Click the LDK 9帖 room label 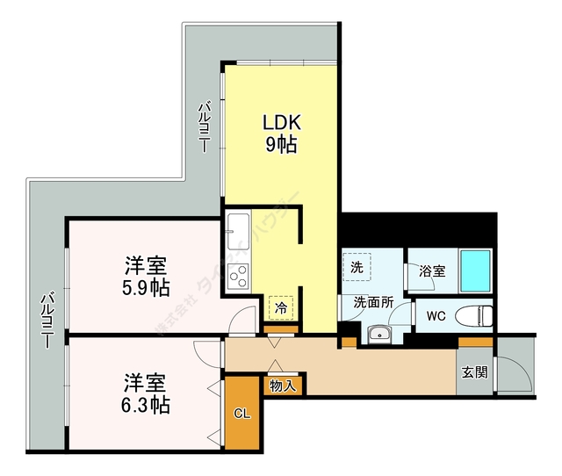281,132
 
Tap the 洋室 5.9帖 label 146,276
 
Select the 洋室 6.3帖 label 146,393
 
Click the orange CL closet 242,413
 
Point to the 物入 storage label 282,385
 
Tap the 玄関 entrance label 475,371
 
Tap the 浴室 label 431,271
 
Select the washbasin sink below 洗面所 379,333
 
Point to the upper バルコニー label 203,127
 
